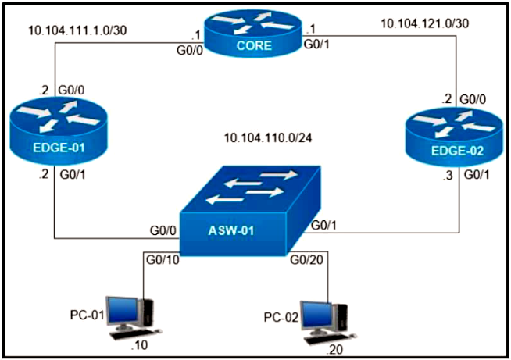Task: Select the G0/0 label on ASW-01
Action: coord(162,232)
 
